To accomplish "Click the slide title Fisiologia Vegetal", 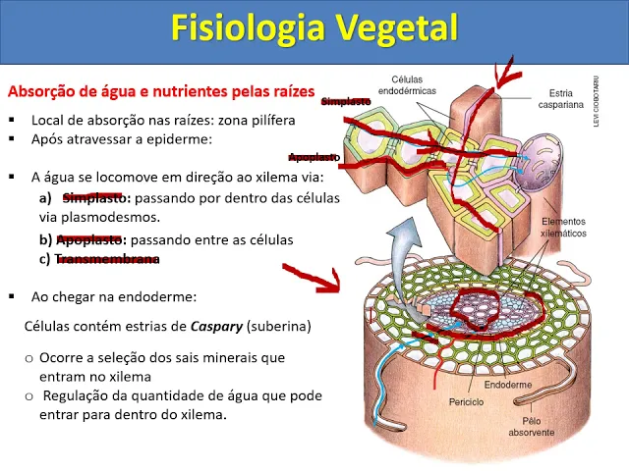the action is click(x=314, y=28).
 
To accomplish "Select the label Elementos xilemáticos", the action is click(x=563, y=228).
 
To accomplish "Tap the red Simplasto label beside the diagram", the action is click(x=346, y=100).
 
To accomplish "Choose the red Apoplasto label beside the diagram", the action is click(x=314, y=157).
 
